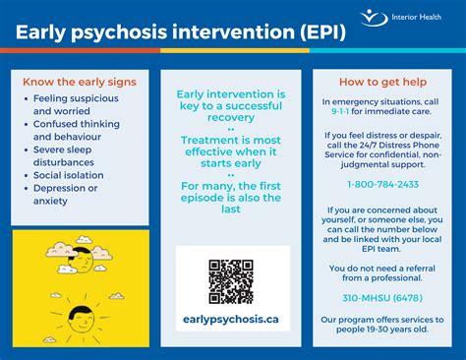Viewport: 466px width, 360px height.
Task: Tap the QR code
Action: click(x=232, y=281)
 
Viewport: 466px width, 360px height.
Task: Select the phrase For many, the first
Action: click(x=232, y=186)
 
